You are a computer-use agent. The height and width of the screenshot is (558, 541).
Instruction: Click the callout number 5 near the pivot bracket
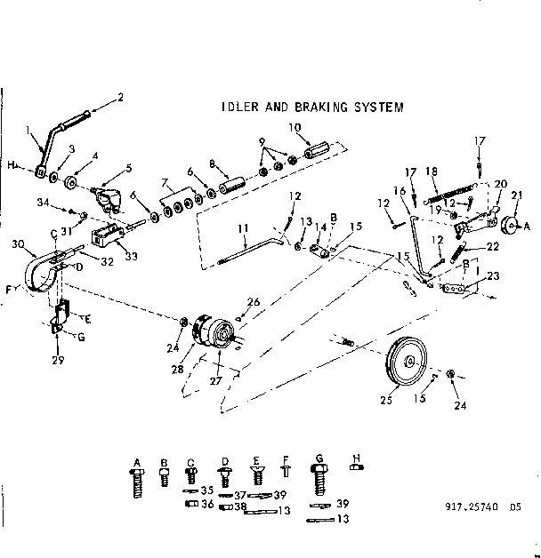pyautogui.click(x=128, y=166)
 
